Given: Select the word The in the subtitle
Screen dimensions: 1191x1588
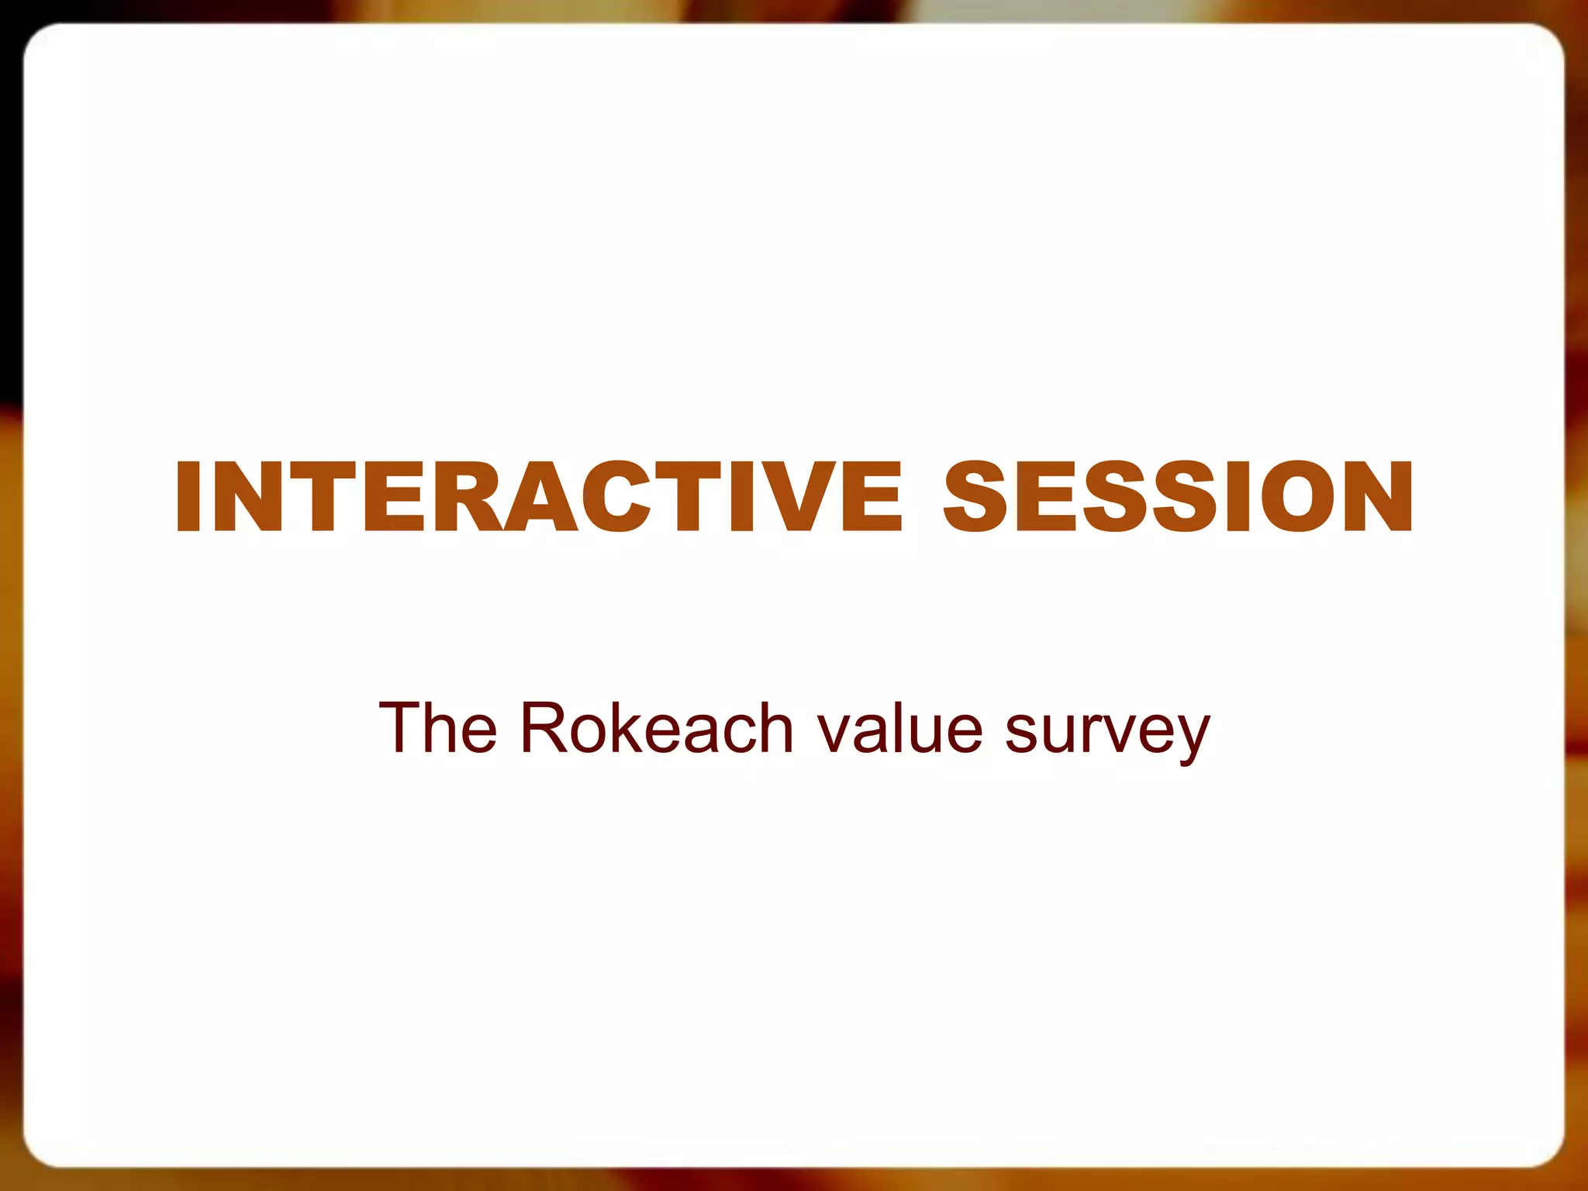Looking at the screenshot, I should click(x=437, y=728).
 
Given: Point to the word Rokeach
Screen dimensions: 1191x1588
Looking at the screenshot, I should click(x=657, y=728).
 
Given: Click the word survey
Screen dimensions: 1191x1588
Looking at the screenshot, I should click(x=1107, y=733).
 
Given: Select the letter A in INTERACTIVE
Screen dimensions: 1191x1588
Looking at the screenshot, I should click(x=533, y=497).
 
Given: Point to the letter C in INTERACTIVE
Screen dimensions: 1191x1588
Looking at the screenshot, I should click(x=613, y=497).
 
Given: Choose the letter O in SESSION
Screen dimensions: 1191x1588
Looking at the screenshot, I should click(x=1303, y=497).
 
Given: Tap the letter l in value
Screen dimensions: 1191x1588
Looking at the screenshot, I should click(x=903, y=728).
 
